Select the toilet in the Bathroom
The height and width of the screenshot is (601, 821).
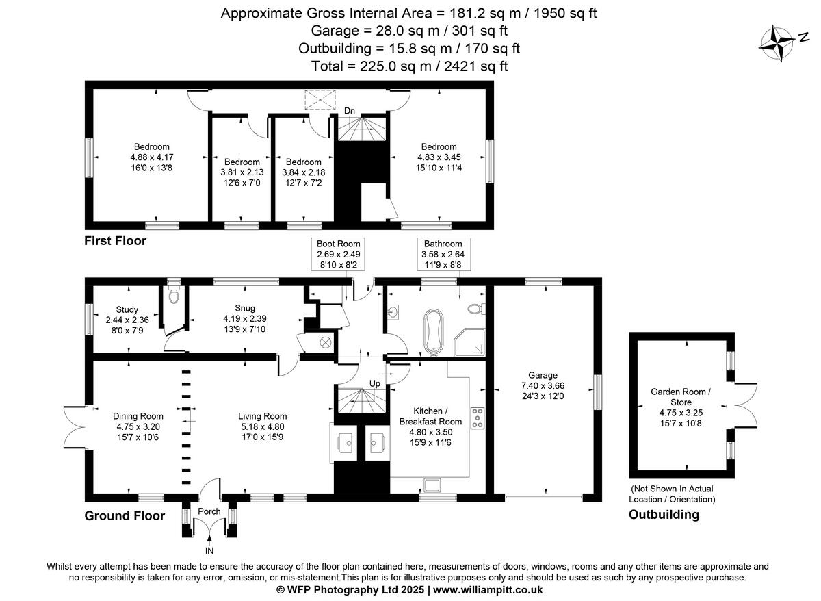(x=476, y=309)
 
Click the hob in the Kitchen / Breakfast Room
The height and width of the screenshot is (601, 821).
(x=477, y=418)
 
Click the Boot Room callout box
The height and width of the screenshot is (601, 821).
(x=337, y=254)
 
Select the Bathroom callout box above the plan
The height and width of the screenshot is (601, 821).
(x=443, y=254)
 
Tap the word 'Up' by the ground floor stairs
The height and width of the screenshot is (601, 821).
(x=374, y=383)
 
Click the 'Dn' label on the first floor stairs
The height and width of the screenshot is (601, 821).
(x=350, y=110)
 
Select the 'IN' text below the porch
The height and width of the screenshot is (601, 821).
(x=209, y=550)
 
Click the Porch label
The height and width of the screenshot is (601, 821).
(x=209, y=511)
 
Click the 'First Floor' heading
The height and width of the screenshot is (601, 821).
(x=115, y=241)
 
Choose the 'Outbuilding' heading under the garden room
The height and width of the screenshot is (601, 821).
(x=664, y=515)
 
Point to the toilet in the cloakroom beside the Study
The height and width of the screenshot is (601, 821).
(x=174, y=295)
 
